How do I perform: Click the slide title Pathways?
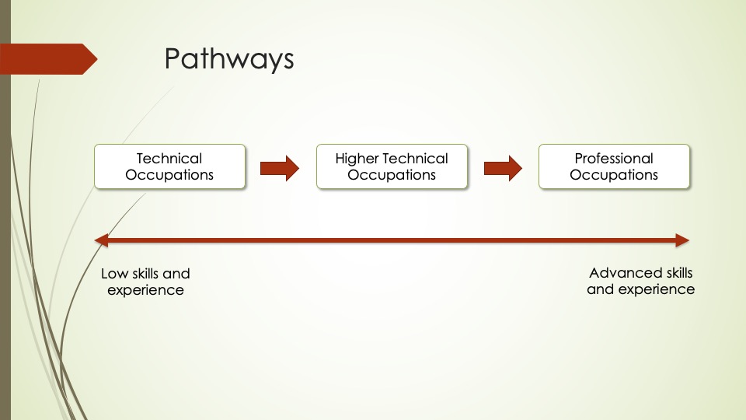[x=229, y=59]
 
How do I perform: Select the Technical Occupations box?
[x=169, y=166]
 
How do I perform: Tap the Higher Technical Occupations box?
[x=392, y=166]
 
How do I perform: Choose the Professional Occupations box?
[x=614, y=166]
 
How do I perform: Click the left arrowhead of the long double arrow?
[x=102, y=240]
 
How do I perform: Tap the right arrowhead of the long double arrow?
[x=682, y=240]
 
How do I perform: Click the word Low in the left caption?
[x=113, y=274]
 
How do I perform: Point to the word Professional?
[x=614, y=159]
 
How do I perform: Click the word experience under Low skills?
[x=145, y=290]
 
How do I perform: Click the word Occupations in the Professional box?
[x=614, y=175]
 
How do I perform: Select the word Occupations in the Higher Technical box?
[x=392, y=175]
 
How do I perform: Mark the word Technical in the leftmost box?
[x=169, y=159]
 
